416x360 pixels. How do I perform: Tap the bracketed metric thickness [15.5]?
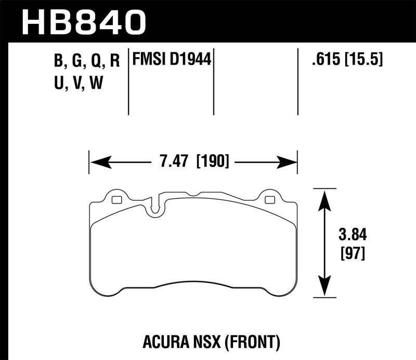point(362,60)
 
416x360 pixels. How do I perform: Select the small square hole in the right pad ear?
point(269,200)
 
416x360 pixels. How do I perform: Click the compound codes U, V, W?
point(78,82)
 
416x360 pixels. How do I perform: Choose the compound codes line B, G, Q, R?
point(87,61)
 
